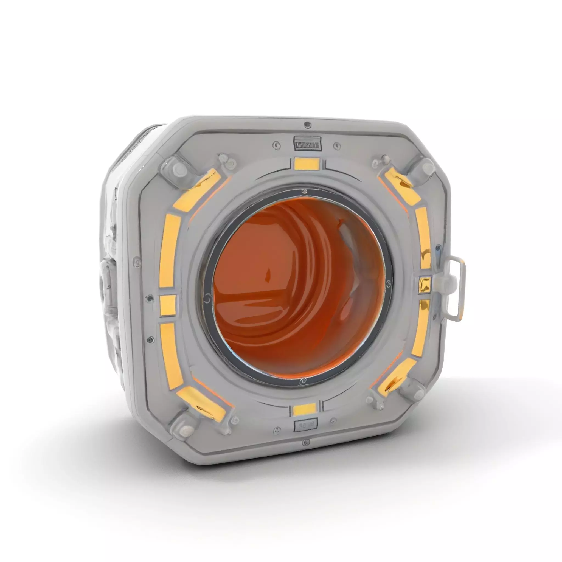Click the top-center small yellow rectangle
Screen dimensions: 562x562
307,164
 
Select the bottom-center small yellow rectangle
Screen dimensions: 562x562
305,410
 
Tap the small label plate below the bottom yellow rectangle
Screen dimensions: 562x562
305,426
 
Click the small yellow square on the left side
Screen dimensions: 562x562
168,305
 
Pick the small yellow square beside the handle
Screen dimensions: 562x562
425,285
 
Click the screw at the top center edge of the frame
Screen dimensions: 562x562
307,125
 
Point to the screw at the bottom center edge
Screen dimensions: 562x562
305,443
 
